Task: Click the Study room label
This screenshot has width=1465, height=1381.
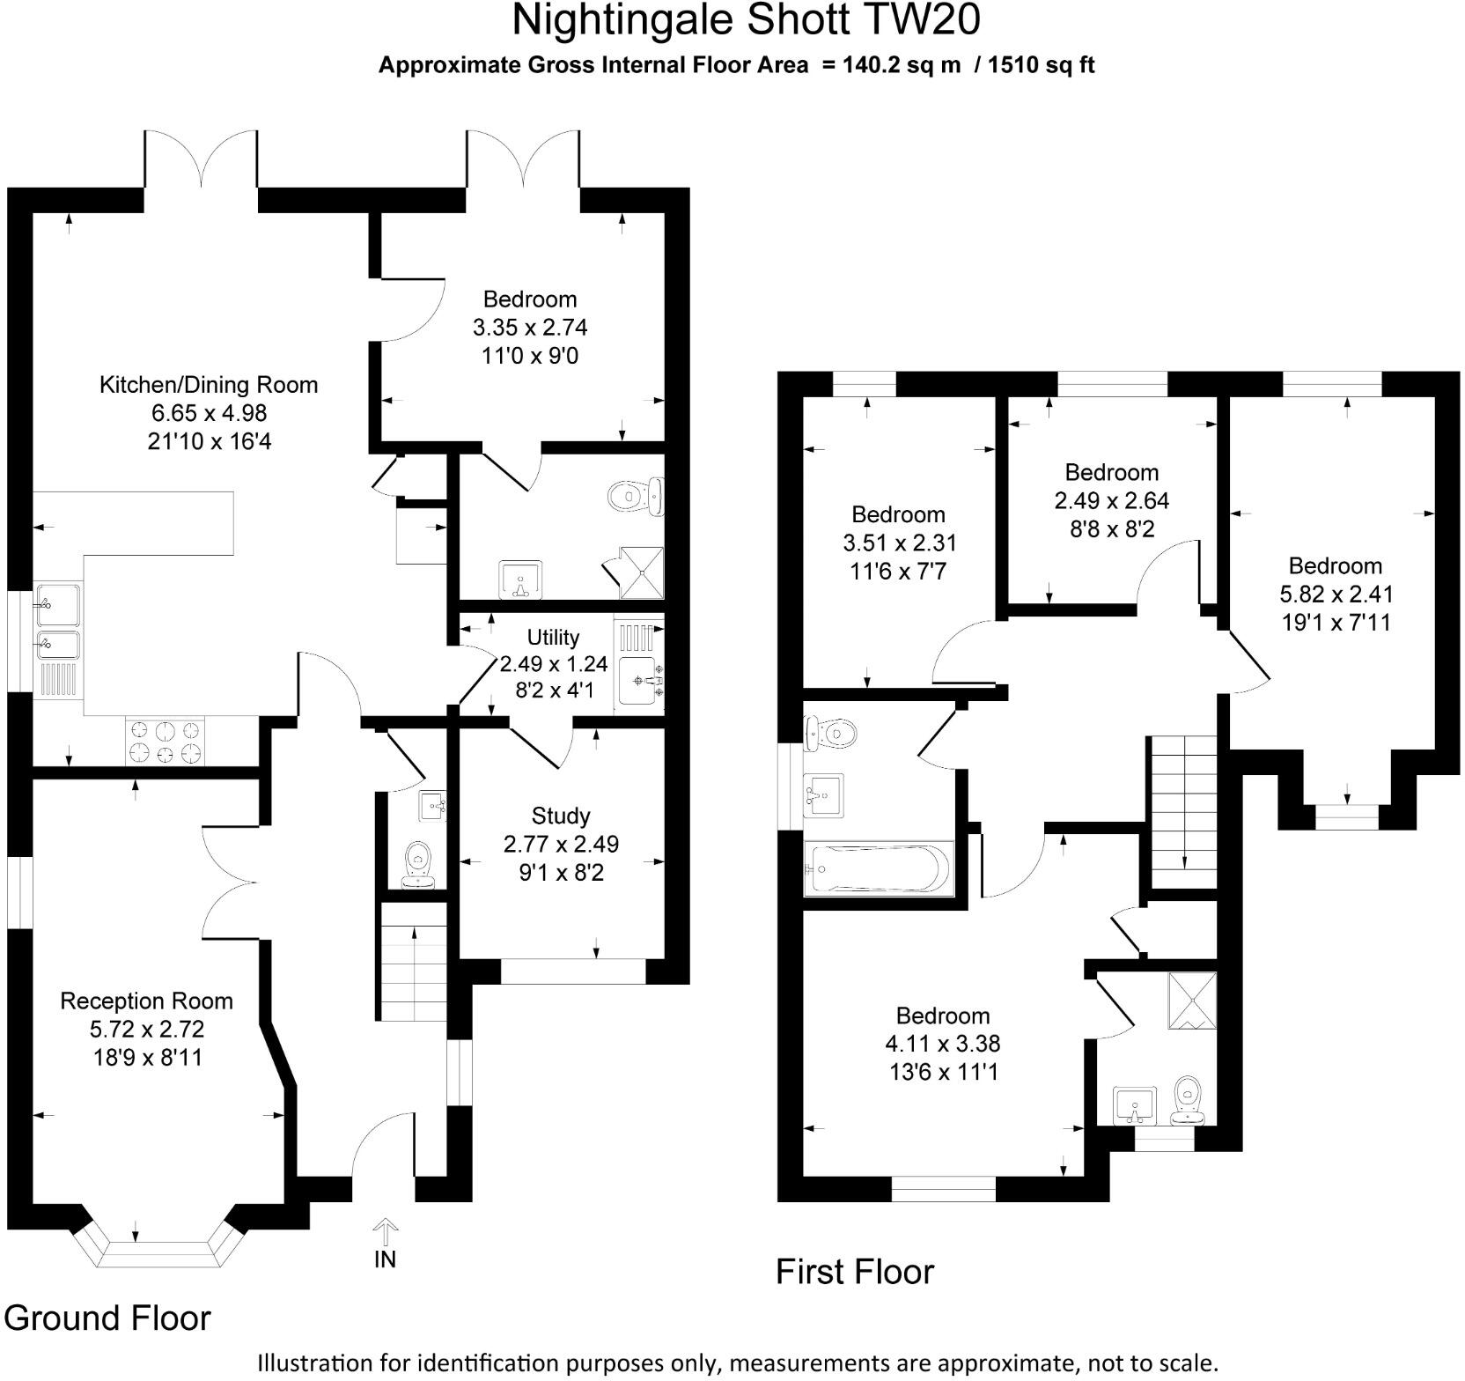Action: click(561, 816)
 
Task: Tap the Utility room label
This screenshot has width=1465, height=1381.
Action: click(553, 637)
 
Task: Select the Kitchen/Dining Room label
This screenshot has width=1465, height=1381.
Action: click(208, 385)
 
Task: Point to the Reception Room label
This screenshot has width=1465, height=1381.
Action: click(146, 1001)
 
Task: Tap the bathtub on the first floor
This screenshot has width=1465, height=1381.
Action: click(878, 869)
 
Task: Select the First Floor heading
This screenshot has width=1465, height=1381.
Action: click(854, 1272)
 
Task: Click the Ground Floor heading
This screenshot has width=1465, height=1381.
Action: click(107, 1318)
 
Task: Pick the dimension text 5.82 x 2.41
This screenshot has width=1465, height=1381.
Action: click(1336, 594)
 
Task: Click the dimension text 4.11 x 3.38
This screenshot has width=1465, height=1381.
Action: click(943, 1044)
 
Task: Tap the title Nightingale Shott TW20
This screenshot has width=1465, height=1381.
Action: click(746, 20)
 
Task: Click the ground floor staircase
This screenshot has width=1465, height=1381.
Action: click(414, 961)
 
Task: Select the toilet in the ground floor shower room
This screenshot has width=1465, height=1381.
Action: click(636, 496)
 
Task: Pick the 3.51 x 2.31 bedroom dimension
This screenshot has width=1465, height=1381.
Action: click(899, 543)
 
